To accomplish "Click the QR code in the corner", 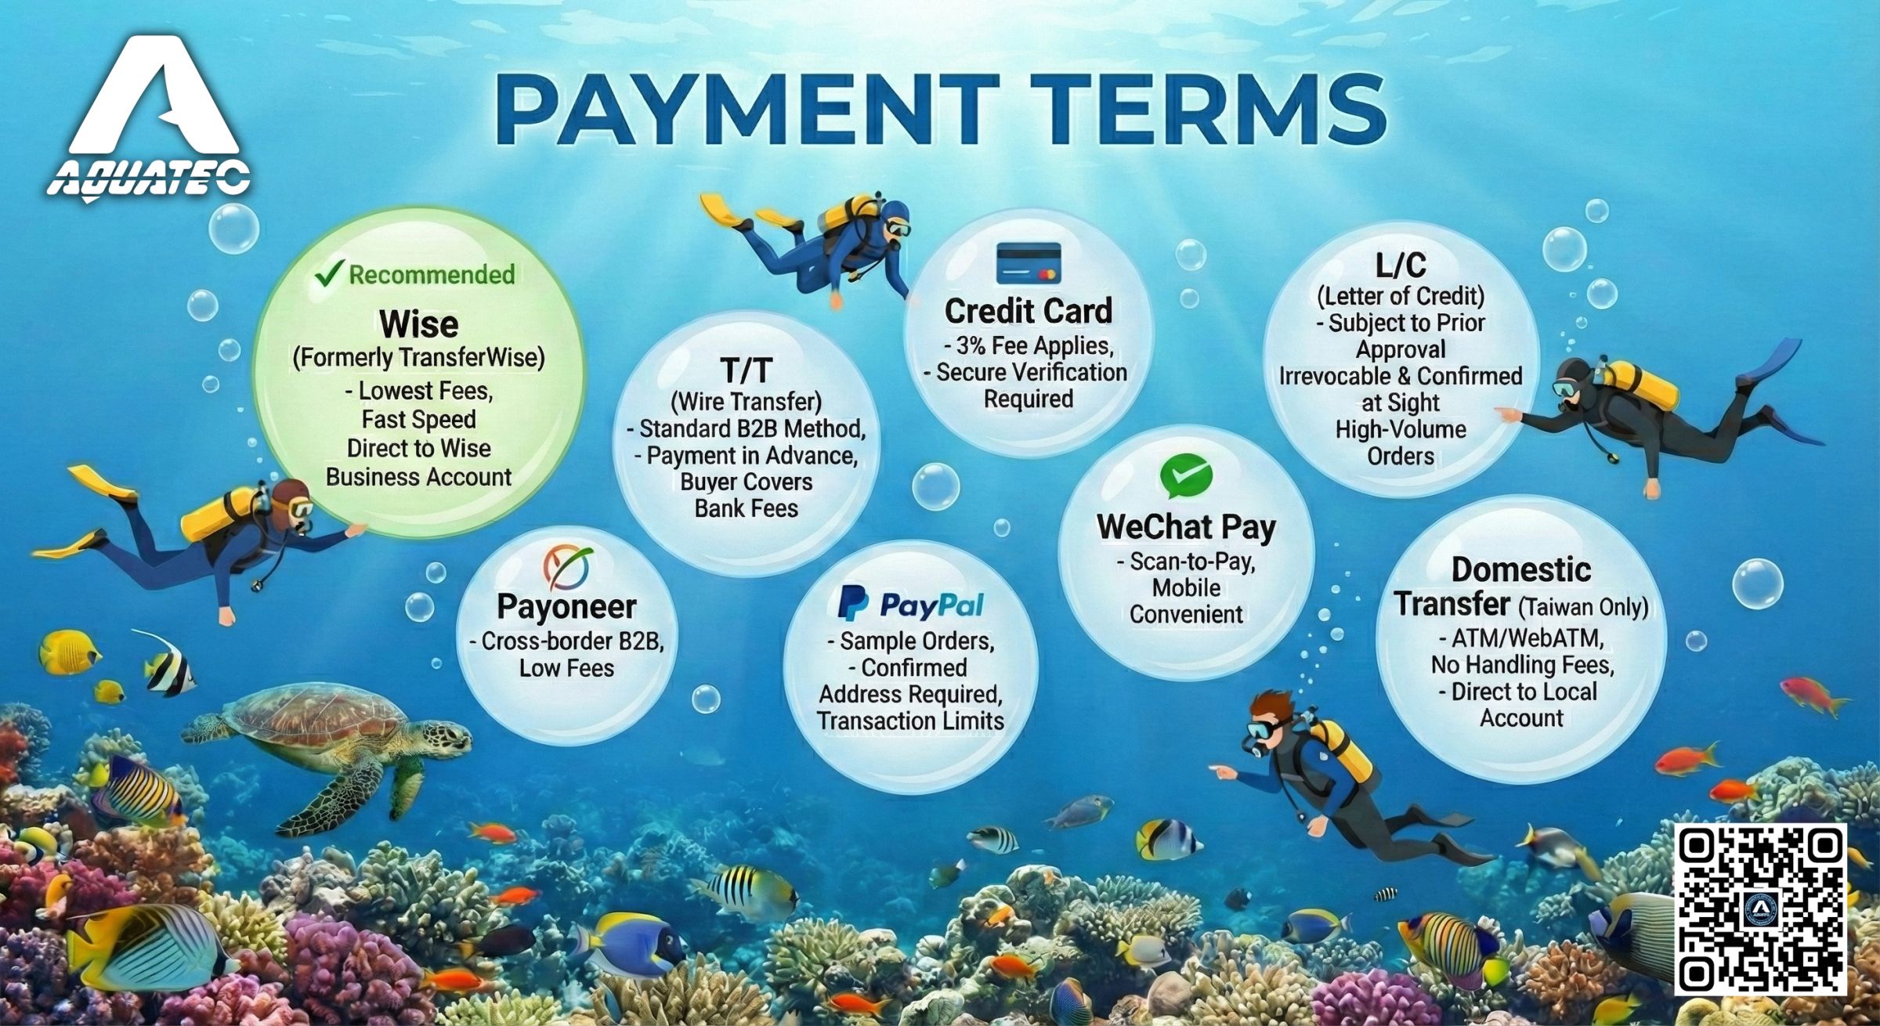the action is click(x=1760, y=909).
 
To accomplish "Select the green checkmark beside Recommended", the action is click(x=328, y=273).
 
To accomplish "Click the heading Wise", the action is click(x=418, y=323).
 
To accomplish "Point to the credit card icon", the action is click(x=1029, y=263).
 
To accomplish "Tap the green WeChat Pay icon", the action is click(x=1186, y=476).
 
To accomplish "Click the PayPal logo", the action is click(x=910, y=604).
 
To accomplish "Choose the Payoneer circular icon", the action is click(x=567, y=568).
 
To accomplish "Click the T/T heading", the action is click(x=746, y=370).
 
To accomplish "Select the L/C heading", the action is click(x=1401, y=266).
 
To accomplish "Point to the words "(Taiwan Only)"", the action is click(x=1583, y=607).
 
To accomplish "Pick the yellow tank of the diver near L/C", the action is click(x=1640, y=385).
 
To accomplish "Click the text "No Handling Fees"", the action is click(x=1522, y=665).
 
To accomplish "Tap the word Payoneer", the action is click(x=566, y=607).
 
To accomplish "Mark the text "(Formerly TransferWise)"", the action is click(x=418, y=358).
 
